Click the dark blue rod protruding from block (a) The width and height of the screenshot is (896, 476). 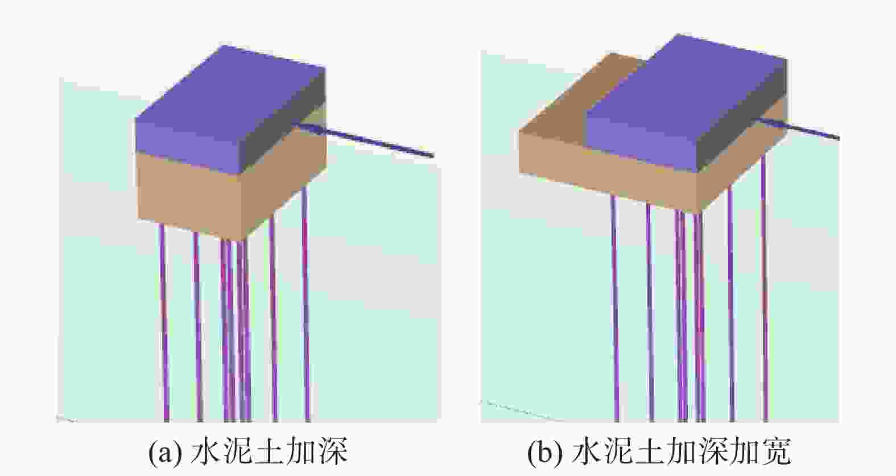365,139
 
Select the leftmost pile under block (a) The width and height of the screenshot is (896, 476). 164,322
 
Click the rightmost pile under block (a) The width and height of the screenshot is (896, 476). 305,304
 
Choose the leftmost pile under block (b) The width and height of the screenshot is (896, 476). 615,308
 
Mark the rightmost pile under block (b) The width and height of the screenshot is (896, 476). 764,288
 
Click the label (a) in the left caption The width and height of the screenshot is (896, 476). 165,453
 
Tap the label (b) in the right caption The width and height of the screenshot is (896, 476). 545,453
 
